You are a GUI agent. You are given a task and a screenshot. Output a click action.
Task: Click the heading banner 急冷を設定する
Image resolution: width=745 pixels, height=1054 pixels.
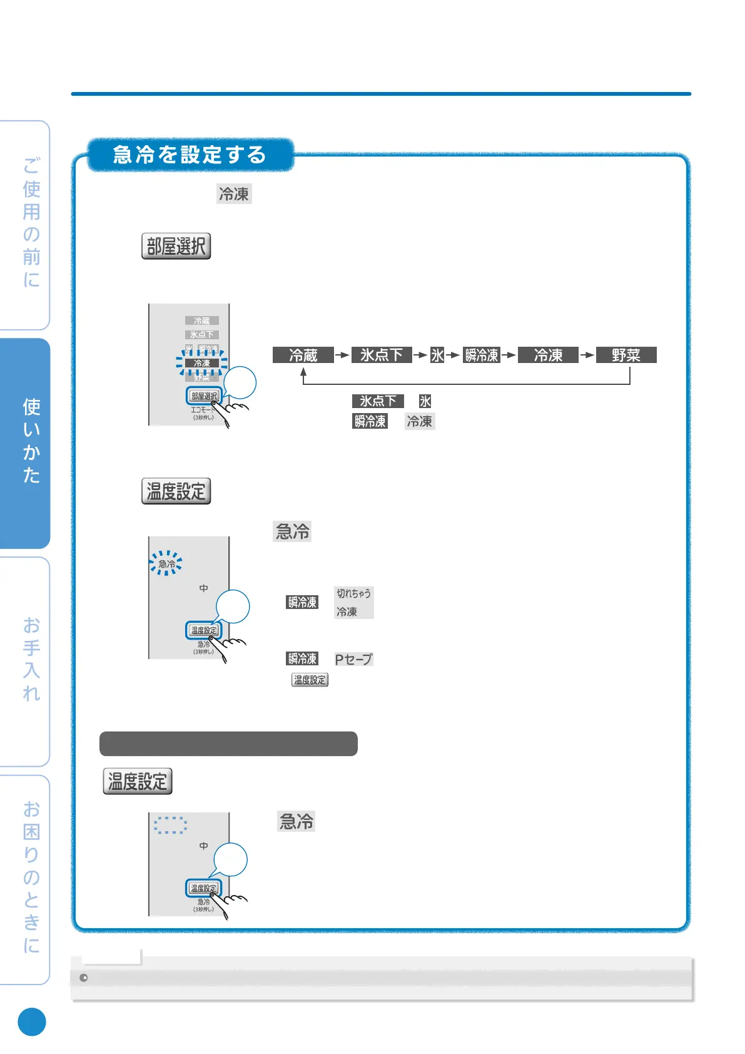click(x=190, y=155)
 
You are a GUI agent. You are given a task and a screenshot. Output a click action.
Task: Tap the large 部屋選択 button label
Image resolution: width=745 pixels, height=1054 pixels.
click(x=176, y=246)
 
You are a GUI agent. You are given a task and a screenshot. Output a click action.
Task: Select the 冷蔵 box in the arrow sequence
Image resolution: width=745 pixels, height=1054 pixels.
click(x=303, y=355)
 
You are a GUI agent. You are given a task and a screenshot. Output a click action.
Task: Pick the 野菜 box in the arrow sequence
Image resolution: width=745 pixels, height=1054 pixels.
click(x=626, y=355)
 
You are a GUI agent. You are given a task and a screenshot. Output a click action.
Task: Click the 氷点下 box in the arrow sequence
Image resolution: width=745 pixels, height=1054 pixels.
click(x=381, y=355)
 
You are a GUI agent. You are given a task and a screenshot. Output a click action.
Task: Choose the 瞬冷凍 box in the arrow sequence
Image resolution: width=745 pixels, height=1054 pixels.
click(x=481, y=355)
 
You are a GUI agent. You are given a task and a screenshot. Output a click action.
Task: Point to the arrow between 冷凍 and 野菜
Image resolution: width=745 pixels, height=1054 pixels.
click(x=587, y=355)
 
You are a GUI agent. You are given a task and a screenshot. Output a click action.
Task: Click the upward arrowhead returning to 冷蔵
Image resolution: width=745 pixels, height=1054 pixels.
click(x=303, y=372)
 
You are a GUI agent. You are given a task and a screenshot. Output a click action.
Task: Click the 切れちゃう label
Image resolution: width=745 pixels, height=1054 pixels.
click(x=353, y=593)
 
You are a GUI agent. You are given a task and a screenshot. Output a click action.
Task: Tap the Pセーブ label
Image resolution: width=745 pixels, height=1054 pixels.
click(x=353, y=659)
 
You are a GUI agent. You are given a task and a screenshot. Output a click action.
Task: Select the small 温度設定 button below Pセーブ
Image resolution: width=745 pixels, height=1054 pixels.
click(x=310, y=680)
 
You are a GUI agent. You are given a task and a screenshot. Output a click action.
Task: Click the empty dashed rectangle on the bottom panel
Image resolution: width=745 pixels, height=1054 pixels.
click(x=170, y=825)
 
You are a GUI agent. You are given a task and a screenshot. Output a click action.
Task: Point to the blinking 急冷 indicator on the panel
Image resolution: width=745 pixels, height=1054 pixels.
click(x=166, y=563)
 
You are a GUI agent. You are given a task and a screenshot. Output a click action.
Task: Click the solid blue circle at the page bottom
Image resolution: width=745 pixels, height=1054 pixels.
click(x=32, y=1022)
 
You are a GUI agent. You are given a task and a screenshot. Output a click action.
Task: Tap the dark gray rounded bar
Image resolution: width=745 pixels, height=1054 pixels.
click(x=228, y=744)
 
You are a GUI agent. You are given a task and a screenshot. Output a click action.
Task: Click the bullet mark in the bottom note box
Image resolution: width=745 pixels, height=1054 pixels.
click(x=84, y=978)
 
